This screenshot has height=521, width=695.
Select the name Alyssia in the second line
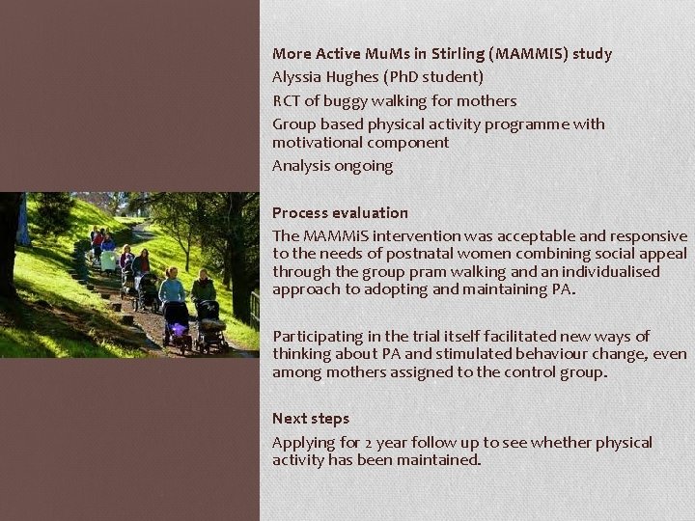299,77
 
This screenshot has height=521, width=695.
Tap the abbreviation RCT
287,100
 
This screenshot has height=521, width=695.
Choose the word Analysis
301,166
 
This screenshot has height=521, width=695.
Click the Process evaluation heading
340,212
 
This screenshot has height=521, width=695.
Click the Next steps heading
311,419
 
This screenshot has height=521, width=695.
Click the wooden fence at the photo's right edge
254,309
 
